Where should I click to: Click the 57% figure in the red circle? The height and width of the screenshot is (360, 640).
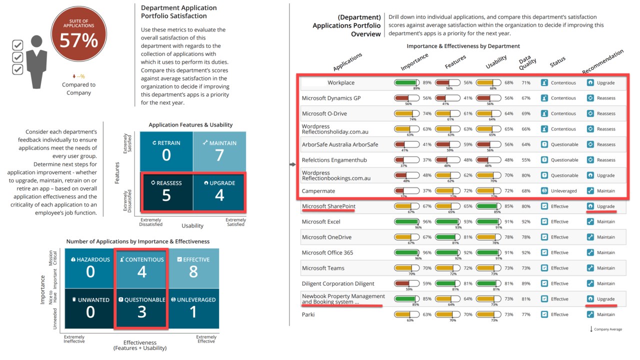78,40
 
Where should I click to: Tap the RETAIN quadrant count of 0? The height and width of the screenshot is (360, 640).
166,155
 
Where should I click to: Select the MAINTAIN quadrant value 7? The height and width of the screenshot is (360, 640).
219,155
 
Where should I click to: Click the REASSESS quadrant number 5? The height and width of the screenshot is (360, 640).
166,195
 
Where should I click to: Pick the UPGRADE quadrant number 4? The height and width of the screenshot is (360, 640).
219,195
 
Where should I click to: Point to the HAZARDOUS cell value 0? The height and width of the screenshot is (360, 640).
90,271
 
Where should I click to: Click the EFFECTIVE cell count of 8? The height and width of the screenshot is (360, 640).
193,271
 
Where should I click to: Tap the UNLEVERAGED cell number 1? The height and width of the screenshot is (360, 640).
193,311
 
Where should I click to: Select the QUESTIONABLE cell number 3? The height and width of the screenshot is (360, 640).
141,311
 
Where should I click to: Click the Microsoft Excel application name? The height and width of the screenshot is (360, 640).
321,221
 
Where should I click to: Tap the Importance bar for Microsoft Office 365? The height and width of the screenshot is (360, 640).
407,252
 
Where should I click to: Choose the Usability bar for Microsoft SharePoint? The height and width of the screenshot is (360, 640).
488,206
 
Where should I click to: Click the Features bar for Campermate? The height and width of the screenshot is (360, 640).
448,190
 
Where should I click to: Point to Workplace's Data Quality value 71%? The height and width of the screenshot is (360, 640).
526,82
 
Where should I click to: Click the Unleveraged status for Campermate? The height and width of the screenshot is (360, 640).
563,190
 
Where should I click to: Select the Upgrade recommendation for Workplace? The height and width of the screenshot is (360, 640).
605,82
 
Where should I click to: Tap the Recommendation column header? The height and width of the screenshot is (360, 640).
603,61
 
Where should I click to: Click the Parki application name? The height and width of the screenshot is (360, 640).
308,314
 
